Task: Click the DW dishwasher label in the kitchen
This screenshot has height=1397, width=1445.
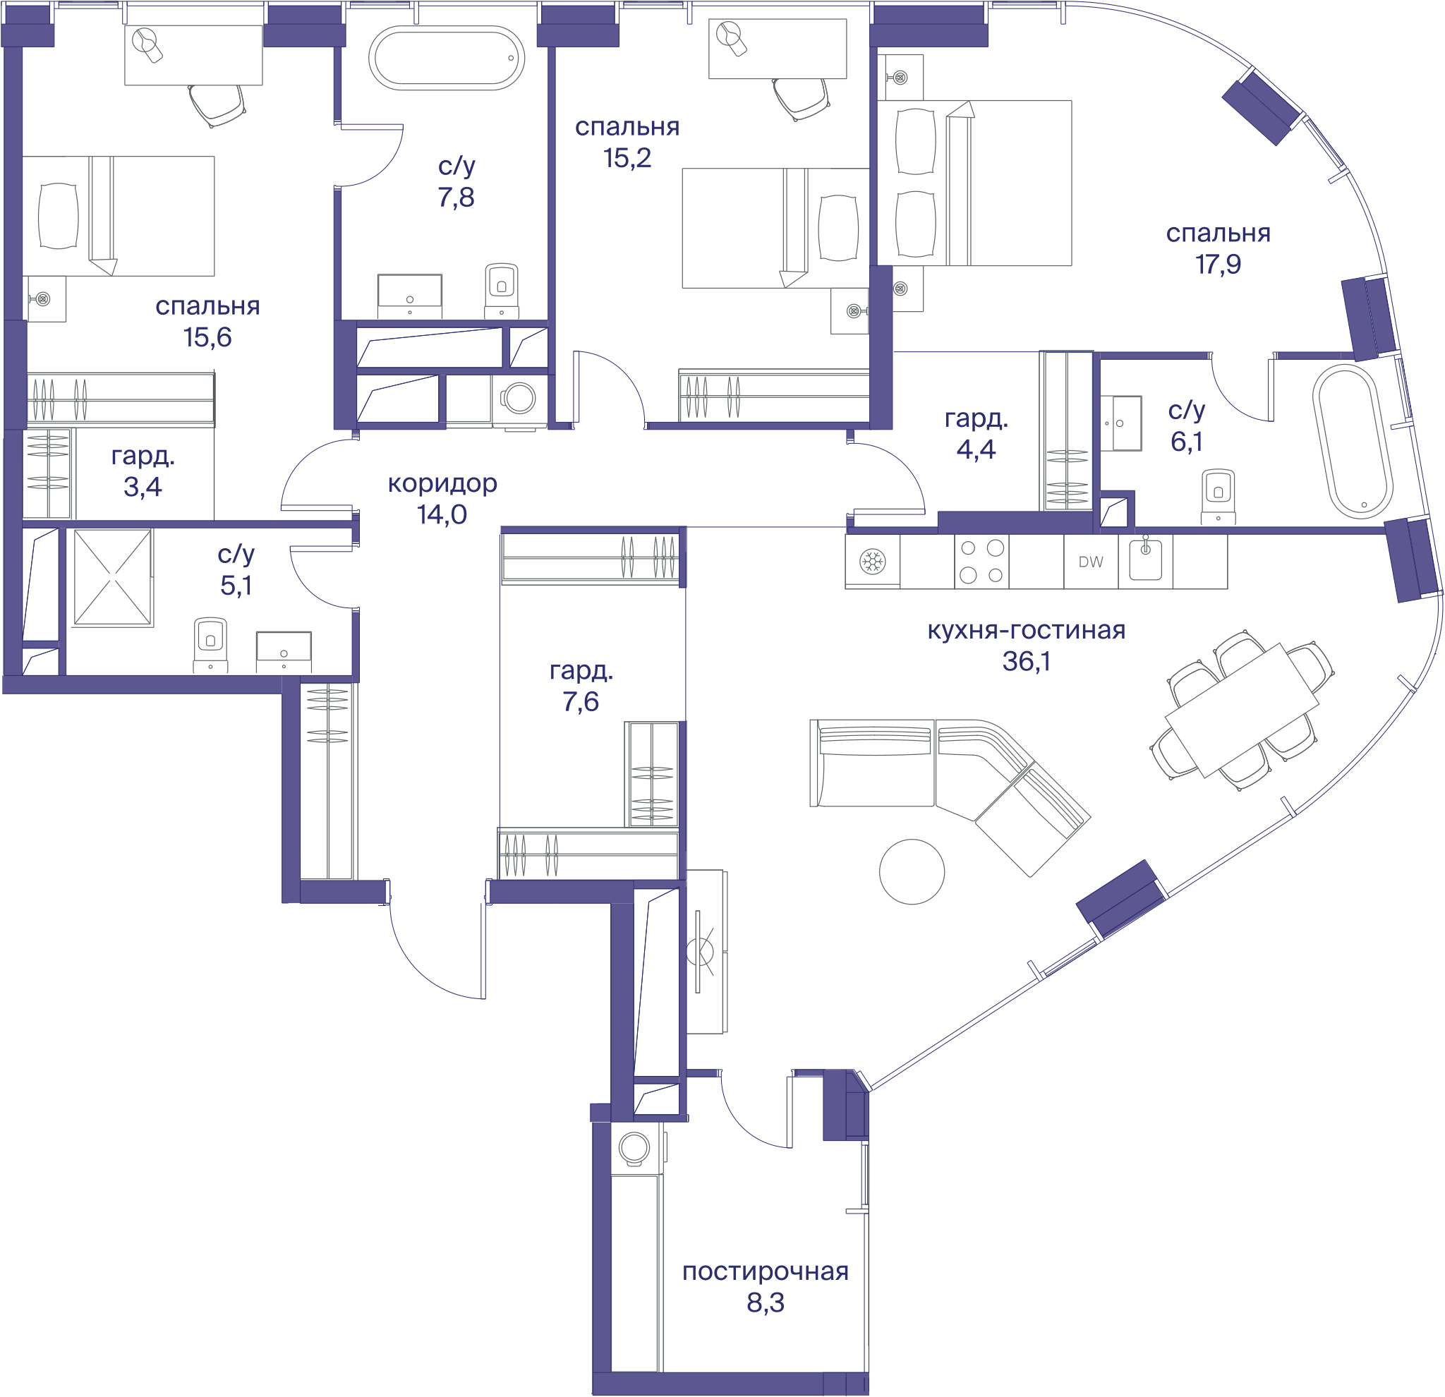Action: pos(1090,562)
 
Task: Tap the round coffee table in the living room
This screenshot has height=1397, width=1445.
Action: pos(912,871)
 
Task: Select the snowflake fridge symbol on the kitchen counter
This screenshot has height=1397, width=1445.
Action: pos(873,562)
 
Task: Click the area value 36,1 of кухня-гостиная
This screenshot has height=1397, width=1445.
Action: pos(1025,661)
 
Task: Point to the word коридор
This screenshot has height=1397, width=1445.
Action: pos(442,483)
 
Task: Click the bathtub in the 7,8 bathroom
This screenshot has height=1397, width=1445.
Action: pos(447,59)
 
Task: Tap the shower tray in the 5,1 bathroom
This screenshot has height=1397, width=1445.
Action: pos(113,577)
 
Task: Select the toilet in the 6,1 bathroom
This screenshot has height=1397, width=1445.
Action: pos(1218,496)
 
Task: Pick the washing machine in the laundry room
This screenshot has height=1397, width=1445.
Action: pos(636,1148)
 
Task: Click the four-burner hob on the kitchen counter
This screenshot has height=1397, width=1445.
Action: pos(981,561)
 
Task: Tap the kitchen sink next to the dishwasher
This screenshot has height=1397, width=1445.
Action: pos(1146,560)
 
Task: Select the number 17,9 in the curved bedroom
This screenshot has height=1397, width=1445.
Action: pos(1218,264)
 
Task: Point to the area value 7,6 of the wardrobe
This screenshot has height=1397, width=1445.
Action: pos(580,702)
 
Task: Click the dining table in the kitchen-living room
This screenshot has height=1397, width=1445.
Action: pos(1242,710)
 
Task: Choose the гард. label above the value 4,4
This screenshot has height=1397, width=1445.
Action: pos(976,418)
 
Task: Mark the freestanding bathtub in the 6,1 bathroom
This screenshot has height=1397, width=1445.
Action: pos(1352,442)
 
